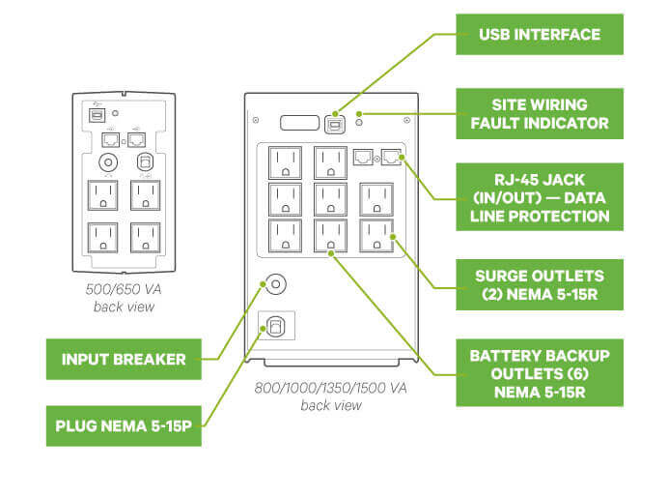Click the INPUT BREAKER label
click(124, 359)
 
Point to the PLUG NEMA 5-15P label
click(124, 424)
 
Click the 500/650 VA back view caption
click(123, 300)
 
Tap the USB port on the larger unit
click(335, 123)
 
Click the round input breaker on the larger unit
click(275, 285)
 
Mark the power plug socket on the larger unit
click(276, 328)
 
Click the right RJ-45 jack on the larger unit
click(389, 157)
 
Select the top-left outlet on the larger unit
click(285, 161)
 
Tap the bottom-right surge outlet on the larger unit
click(376, 234)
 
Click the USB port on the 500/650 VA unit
click(96, 113)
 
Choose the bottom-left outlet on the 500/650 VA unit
click(103, 238)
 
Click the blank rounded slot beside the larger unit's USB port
click(298, 123)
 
